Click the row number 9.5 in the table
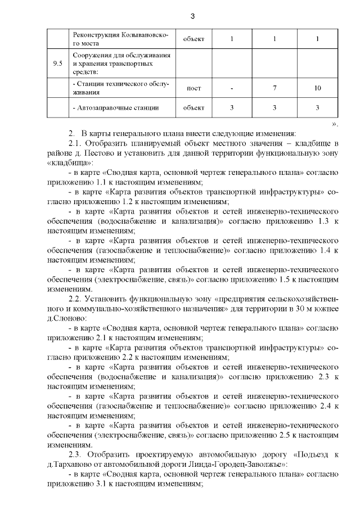tap(57, 64)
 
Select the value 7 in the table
tap(274, 88)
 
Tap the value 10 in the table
tap(318, 88)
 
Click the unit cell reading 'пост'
tap(193, 88)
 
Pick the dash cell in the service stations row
tap(232, 88)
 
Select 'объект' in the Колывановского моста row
tap(193, 38)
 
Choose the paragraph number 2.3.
tap(75, 454)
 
